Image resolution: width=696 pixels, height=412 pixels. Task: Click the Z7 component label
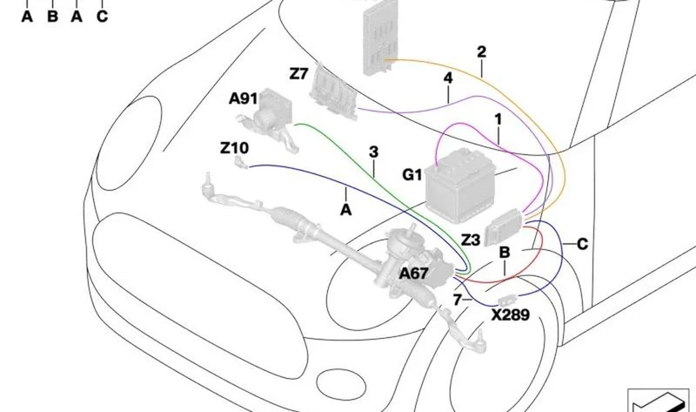[298, 73]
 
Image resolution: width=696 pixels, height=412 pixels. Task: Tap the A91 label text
[244, 98]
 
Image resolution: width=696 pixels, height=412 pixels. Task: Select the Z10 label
[234, 147]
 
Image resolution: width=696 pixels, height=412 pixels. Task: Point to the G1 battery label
[412, 175]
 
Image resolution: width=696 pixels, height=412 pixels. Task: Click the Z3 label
[471, 240]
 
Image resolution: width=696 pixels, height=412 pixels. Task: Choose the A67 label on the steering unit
[414, 274]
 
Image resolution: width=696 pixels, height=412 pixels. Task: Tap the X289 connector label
[511, 315]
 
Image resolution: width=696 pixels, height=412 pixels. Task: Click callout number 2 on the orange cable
[482, 52]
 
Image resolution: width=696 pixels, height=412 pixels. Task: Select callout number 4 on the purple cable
[448, 78]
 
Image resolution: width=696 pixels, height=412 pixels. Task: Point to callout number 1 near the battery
[498, 119]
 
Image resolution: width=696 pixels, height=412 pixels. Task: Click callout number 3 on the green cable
[374, 152]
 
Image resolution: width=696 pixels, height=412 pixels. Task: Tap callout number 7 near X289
[458, 300]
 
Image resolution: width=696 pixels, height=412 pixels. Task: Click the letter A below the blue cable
[345, 210]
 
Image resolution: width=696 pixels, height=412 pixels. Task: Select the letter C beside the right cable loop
[582, 244]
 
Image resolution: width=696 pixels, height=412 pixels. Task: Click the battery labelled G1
[459, 186]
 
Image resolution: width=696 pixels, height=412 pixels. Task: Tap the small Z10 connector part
[241, 162]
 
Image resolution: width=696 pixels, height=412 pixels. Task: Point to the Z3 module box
[503, 226]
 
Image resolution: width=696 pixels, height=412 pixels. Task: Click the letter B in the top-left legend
[52, 17]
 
